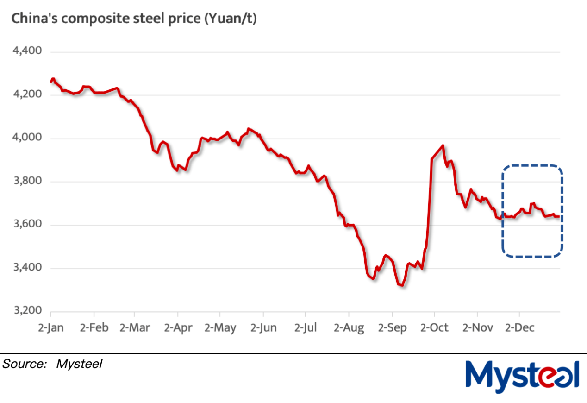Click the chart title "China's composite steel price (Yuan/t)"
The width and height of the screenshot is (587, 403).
pos(134,19)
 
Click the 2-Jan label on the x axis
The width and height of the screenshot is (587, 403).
pos(51,328)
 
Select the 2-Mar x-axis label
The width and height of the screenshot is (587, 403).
pos(135,328)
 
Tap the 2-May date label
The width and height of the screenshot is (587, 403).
pos(220,328)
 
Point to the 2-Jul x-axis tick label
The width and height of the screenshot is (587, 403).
pos(306,328)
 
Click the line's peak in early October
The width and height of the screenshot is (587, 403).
pos(443,146)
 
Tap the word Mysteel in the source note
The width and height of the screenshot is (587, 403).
pos(79,364)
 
